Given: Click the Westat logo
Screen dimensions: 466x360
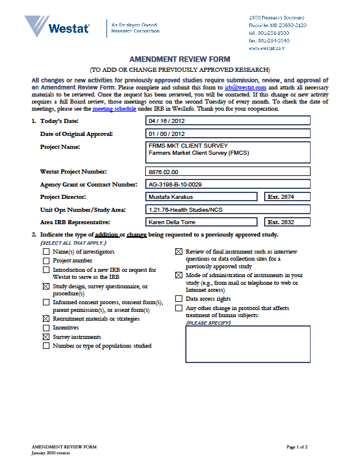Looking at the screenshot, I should tap(57, 27).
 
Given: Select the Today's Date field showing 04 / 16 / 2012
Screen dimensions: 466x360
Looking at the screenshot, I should tap(228, 121).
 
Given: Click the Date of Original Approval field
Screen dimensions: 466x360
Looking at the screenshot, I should tap(228, 134).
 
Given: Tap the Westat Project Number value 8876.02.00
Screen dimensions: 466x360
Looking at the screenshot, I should tap(228, 172).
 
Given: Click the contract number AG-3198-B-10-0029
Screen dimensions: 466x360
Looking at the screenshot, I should tap(228, 184).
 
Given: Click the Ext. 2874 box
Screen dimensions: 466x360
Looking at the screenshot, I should tap(286, 197).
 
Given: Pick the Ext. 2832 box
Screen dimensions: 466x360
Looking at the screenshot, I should tap(286, 222).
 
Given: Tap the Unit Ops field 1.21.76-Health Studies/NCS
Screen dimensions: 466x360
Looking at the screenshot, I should tap(228, 209).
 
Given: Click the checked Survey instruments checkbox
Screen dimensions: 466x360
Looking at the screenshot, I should tap(46, 337).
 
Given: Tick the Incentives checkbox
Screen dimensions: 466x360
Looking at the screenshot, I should tap(46, 328).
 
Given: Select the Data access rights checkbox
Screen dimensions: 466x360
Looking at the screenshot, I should tap(179, 299).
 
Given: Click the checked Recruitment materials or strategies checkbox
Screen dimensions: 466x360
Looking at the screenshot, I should tap(46, 318).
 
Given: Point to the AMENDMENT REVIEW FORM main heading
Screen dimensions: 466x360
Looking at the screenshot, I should tap(179, 59).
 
